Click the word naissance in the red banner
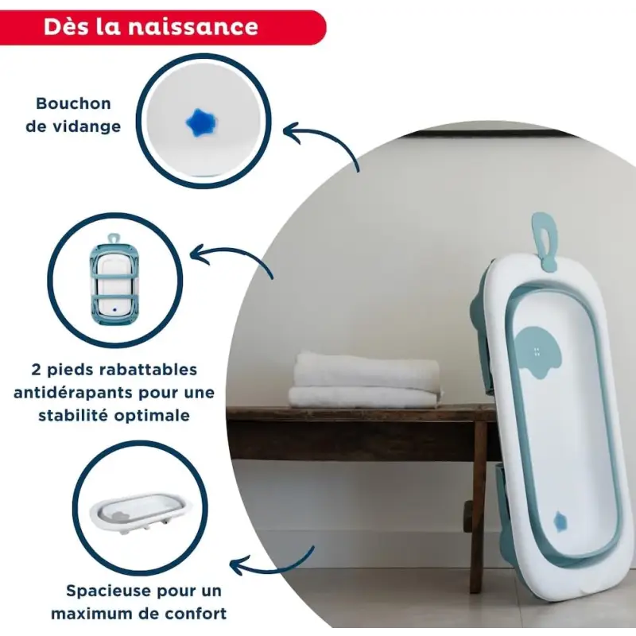[193, 27]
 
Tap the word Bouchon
[73, 104]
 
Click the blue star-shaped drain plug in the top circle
[202, 122]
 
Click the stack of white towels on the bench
[365, 380]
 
